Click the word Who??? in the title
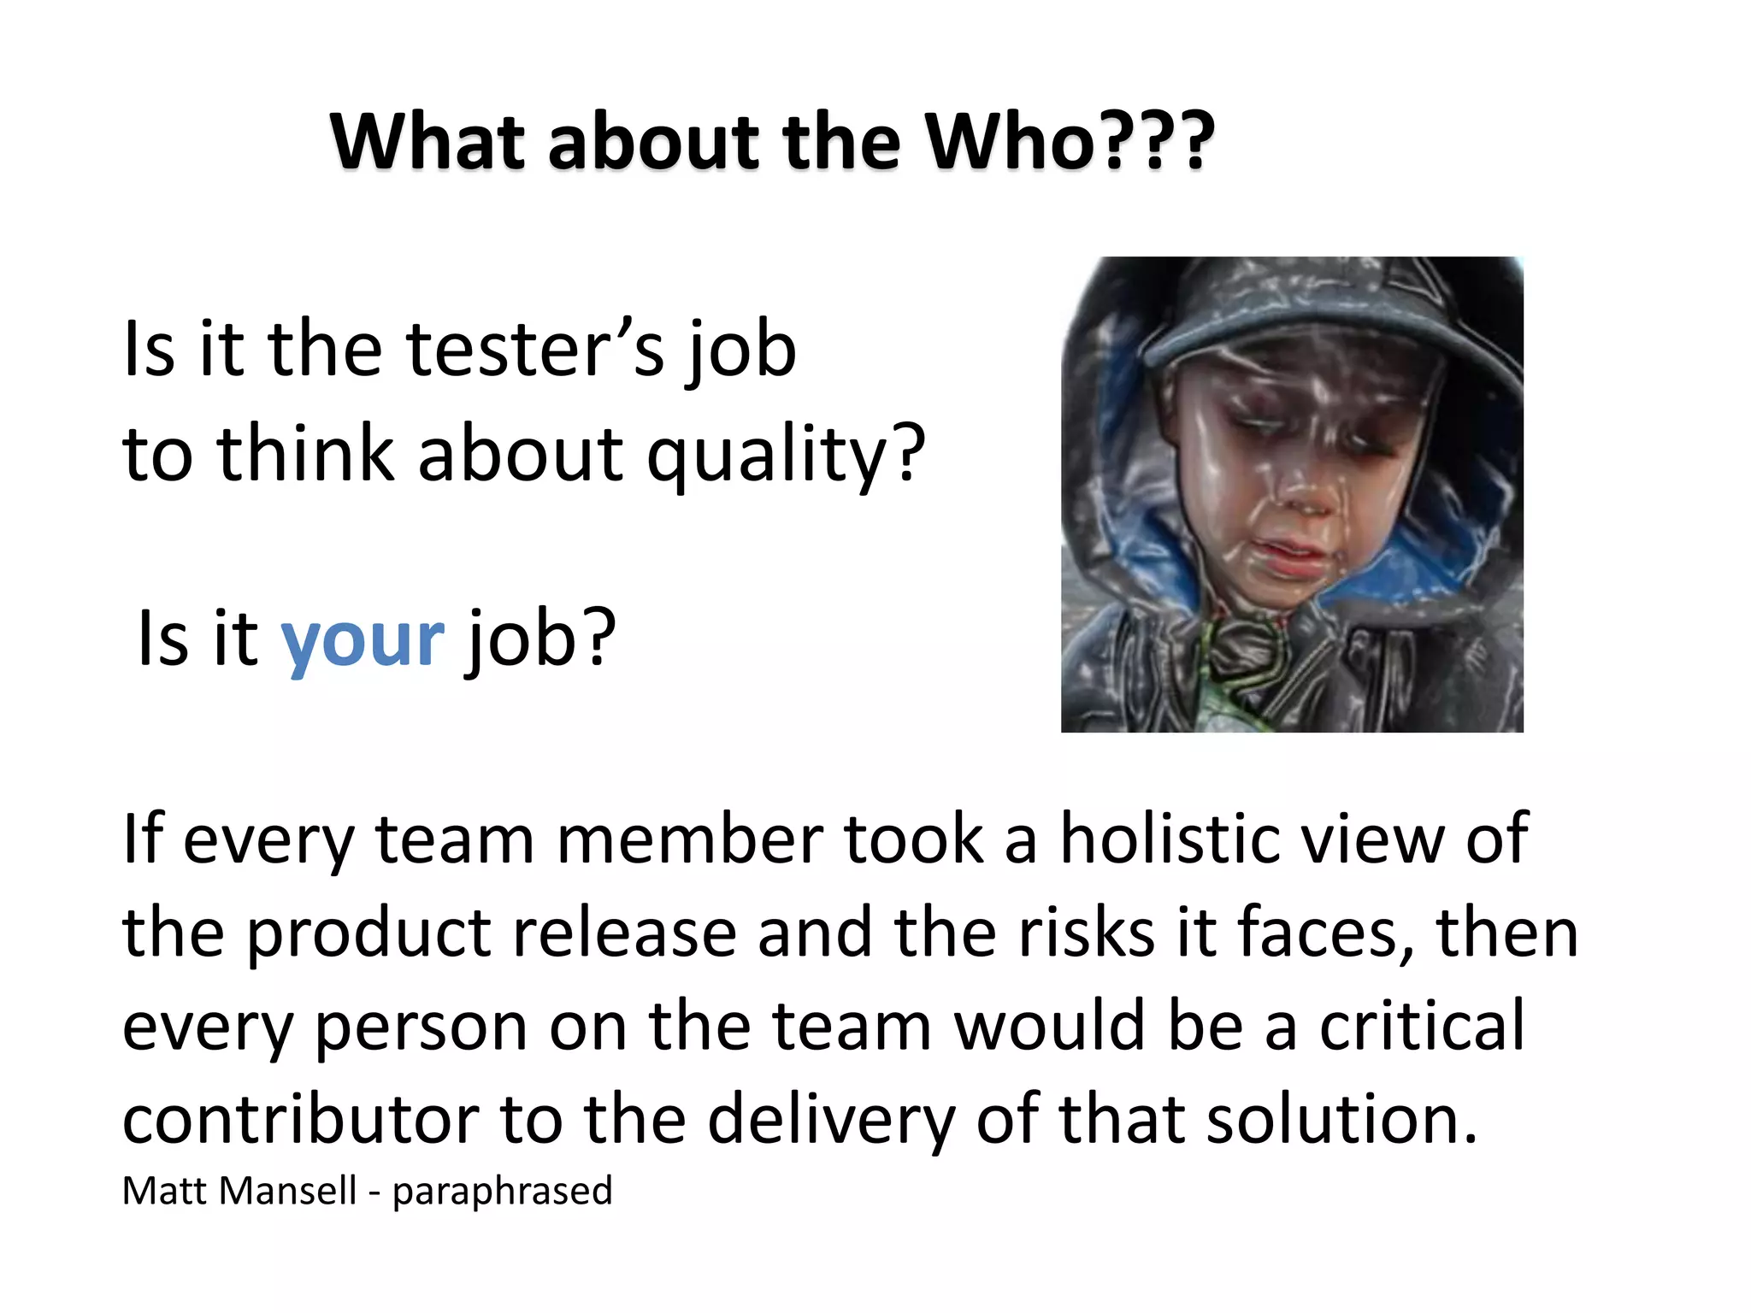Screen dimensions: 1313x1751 (x=1069, y=141)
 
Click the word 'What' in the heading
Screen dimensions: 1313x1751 (x=427, y=141)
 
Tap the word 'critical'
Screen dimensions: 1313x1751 (x=1421, y=1026)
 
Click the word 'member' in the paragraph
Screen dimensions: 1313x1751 (x=689, y=839)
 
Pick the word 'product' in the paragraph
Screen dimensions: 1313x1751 (x=368, y=934)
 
